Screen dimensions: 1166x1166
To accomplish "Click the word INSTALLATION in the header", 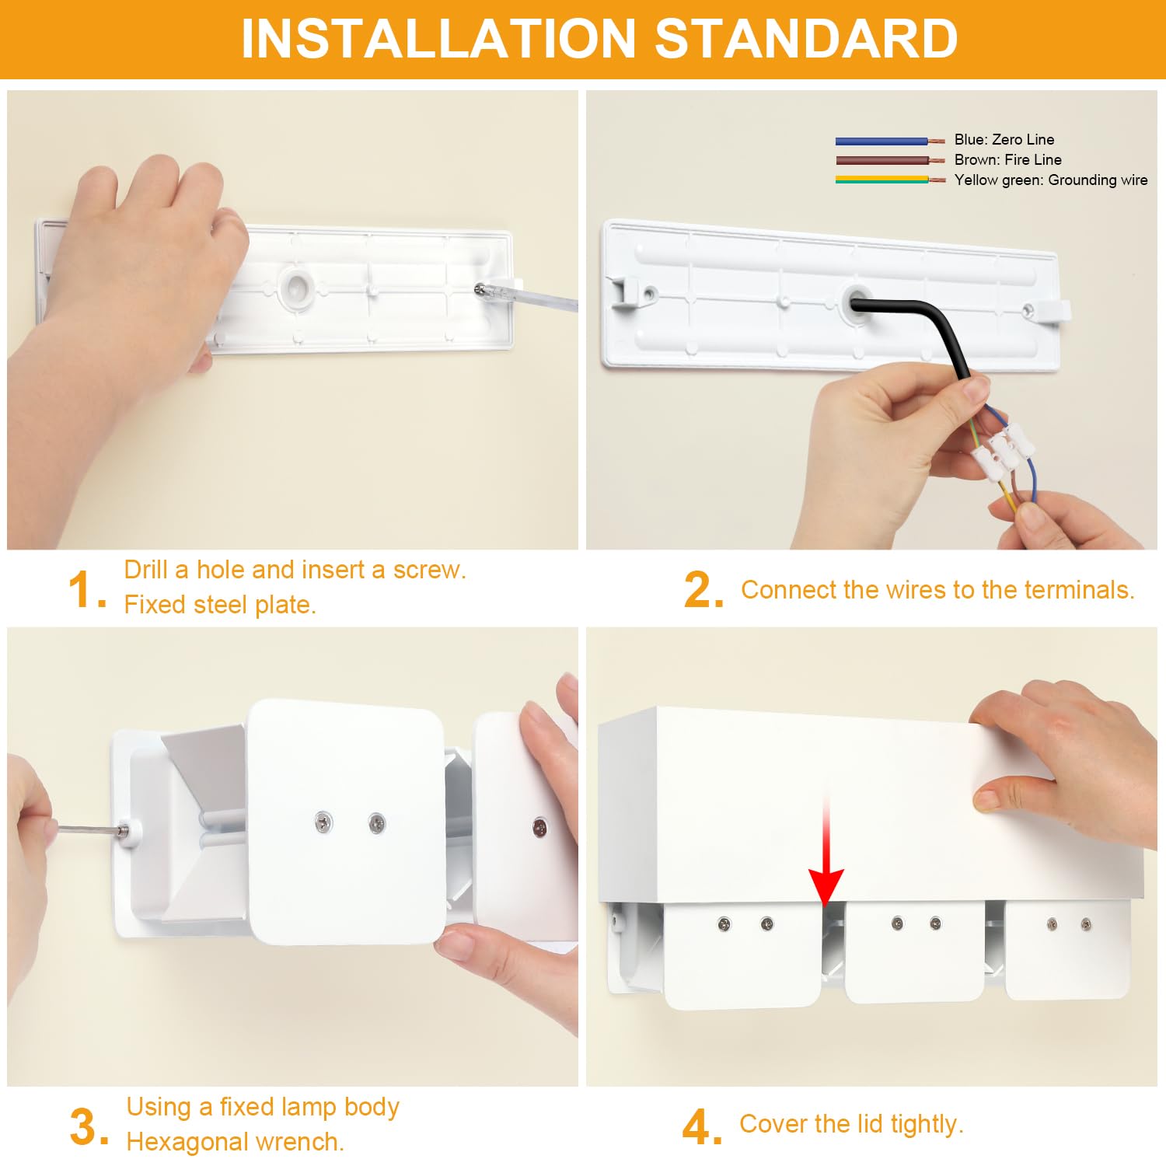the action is [439, 38].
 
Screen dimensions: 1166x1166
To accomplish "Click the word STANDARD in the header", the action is [806, 38].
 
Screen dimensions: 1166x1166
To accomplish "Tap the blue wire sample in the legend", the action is [890, 141].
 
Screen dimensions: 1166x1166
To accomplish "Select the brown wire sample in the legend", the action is [890, 160].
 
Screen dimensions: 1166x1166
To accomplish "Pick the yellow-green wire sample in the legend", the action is [890, 180].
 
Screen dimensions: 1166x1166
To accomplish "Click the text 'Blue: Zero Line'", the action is [1004, 140].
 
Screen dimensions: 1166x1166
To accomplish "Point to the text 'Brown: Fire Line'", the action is [1008, 159].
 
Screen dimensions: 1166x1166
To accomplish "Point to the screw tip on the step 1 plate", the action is [479, 289].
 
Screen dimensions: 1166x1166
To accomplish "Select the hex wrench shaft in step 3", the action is [89, 829].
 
